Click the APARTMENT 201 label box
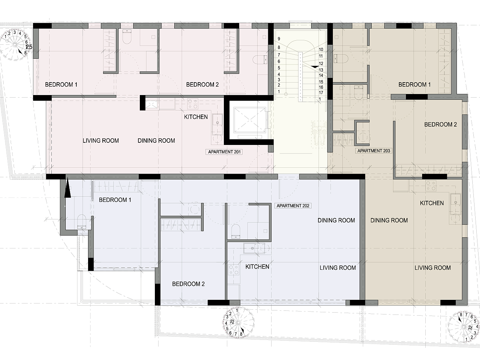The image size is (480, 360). pyautogui.click(x=224, y=152)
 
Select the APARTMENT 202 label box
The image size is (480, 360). pyautogui.click(x=293, y=206)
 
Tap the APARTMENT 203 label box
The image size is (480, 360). pyautogui.click(x=374, y=151)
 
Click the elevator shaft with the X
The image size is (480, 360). pyautogui.click(x=250, y=120)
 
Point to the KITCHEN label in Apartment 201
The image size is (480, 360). pyautogui.click(x=196, y=117)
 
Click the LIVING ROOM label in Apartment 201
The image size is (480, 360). pyautogui.click(x=101, y=141)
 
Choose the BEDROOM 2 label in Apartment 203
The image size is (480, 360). pyautogui.click(x=440, y=125)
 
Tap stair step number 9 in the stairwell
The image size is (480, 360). pyautogui.click(x=279, y=39)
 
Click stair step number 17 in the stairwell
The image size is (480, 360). pyautogui.click(x=321, y=93)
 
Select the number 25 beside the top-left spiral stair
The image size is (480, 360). pyautogui.click(x=29, y=47)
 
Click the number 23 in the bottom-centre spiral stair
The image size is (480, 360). pyautogui.click(x=232, y=322)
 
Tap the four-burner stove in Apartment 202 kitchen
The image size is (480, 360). pyautogui.click(x=233, y=269)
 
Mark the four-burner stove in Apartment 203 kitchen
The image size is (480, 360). pyautogui.click(x=431, y=186)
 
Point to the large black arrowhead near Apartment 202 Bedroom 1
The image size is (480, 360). pyautogui.click(x=68, y=188)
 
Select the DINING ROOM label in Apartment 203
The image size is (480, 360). pyautogui.click(x=389, y=220)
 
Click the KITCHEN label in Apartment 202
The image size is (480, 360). pyautogui.click(x=257, y=267)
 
